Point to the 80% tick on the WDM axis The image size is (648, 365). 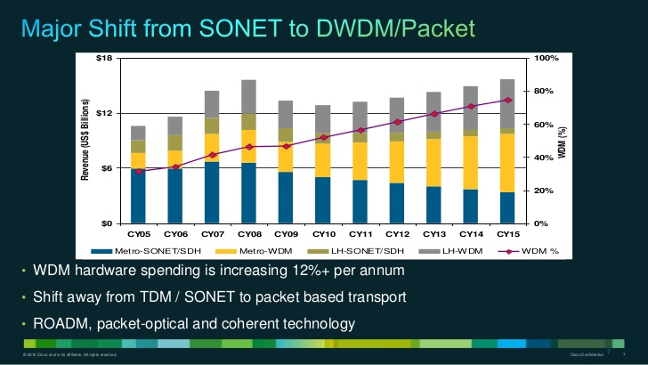(545, 91)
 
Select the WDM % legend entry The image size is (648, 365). (543, 250)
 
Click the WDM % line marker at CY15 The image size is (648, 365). (506, 100)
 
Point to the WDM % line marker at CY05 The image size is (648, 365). (138, 171)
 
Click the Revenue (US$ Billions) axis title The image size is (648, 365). (86, 140)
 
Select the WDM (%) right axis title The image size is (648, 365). (563, 140)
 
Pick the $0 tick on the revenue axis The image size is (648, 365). (105, 223)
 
